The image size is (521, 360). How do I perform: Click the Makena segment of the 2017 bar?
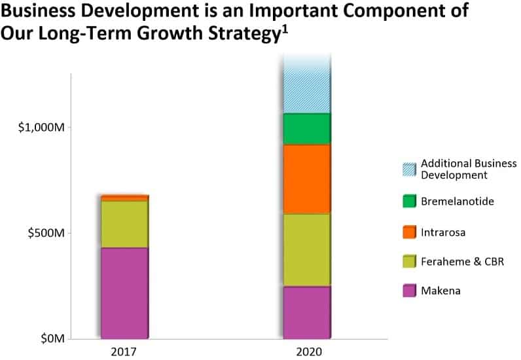point(124,293)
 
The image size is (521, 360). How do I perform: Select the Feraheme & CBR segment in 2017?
point(124,224)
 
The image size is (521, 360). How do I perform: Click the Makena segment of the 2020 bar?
point(306,312)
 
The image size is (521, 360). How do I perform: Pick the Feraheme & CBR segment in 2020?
point(306,249)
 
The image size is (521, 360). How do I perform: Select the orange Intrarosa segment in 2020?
point(306,179)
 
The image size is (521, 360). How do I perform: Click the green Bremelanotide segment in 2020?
point(306,129)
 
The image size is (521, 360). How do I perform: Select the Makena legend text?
point(440,291)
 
